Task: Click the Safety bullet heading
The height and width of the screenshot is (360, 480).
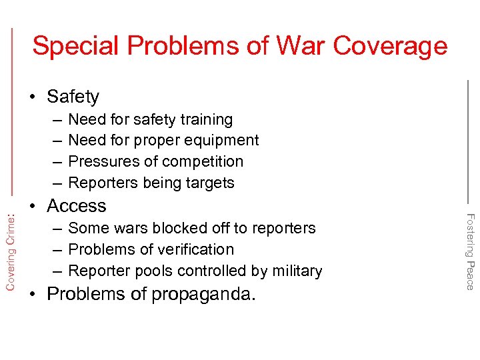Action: [x=73, y=97]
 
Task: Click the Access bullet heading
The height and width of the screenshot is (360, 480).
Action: [x=77, y=206]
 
